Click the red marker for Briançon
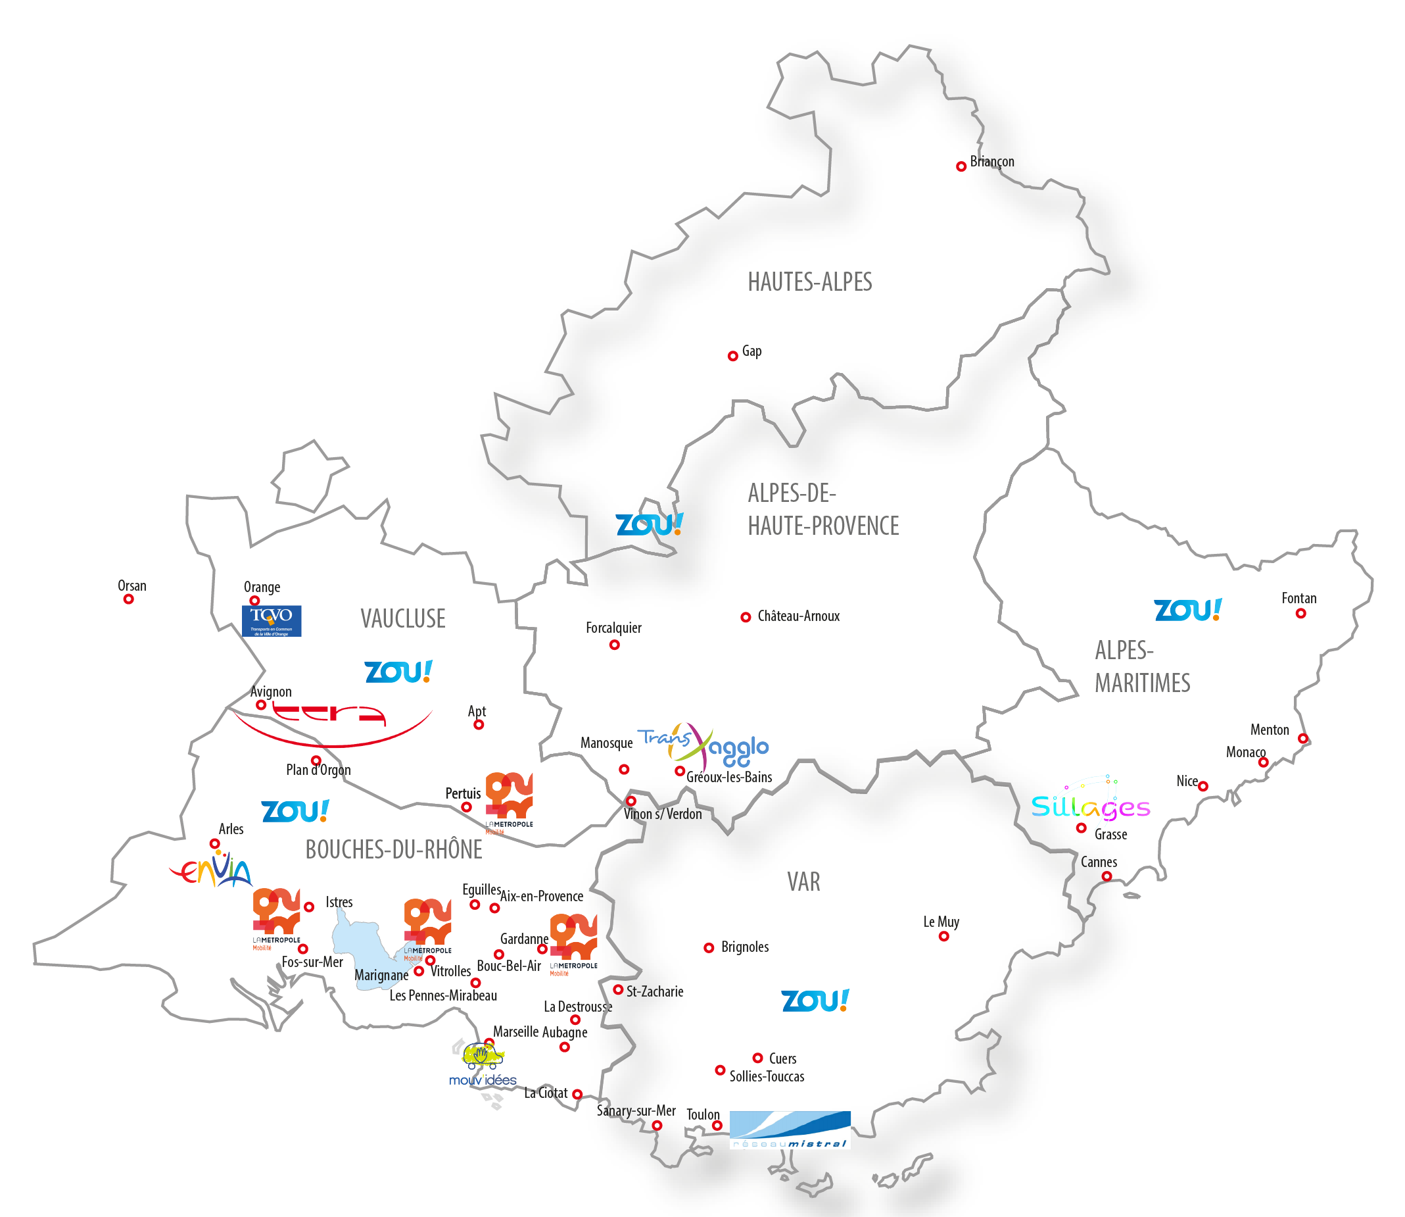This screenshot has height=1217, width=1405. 961,166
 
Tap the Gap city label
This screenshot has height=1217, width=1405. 751,351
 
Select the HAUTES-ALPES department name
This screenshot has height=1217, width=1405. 810,282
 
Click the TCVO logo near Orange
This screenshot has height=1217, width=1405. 272,621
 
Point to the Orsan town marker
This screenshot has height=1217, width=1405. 128,599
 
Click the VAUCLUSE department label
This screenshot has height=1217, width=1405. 402,618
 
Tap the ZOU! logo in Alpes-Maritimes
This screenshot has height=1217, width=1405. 1188,610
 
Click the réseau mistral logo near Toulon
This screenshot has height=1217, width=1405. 790,1130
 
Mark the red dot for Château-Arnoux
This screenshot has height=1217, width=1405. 746,617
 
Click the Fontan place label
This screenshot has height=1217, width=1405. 1298,599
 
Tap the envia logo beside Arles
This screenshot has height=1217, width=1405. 212,872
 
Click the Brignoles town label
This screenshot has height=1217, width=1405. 745,947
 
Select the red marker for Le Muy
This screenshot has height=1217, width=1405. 943,937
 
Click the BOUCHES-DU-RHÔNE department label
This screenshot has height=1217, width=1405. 394,849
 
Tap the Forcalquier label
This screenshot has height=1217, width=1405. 613,628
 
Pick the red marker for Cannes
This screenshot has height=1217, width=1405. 1107,876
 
